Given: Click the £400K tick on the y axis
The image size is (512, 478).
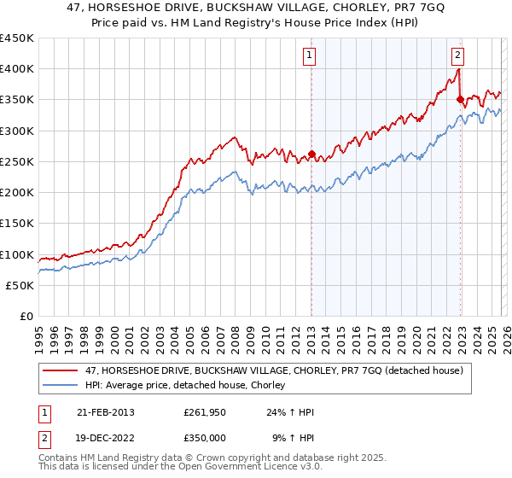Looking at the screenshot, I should pyautogui.click(x=17, y=69).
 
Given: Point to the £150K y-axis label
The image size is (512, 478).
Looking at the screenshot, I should pyautogui.click(x=17, y=224).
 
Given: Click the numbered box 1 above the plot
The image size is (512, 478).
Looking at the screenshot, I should pyautogui.click(x=309, y=56).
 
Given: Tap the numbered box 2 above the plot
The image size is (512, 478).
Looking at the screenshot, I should pyautogui.click(x=458, y=56).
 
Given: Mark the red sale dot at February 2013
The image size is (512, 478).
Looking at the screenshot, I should pyautogui.click(x=311, y=154).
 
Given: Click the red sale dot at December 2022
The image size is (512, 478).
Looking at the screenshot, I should pyautogui.click(x=460, y=100).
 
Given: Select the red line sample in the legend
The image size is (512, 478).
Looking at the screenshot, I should pyautogui.click(x=61, y=370).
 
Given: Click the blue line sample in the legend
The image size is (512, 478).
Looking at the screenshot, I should pyautogui.click(x=61, y=386).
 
